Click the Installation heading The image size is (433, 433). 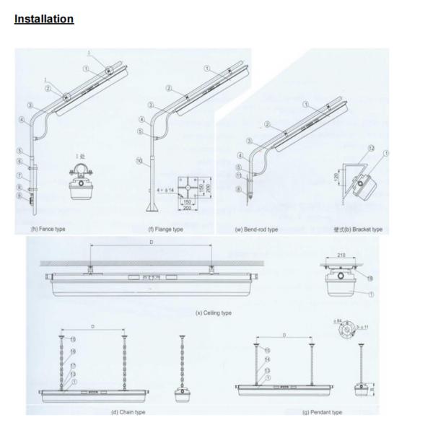[45, 18]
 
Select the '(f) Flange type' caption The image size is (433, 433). [166, 229]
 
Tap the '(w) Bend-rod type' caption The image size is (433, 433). [256, 229]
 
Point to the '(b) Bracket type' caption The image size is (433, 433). [358, 229]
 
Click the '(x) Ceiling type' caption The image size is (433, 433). [214, 312]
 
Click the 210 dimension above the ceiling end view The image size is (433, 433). [342, 254]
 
